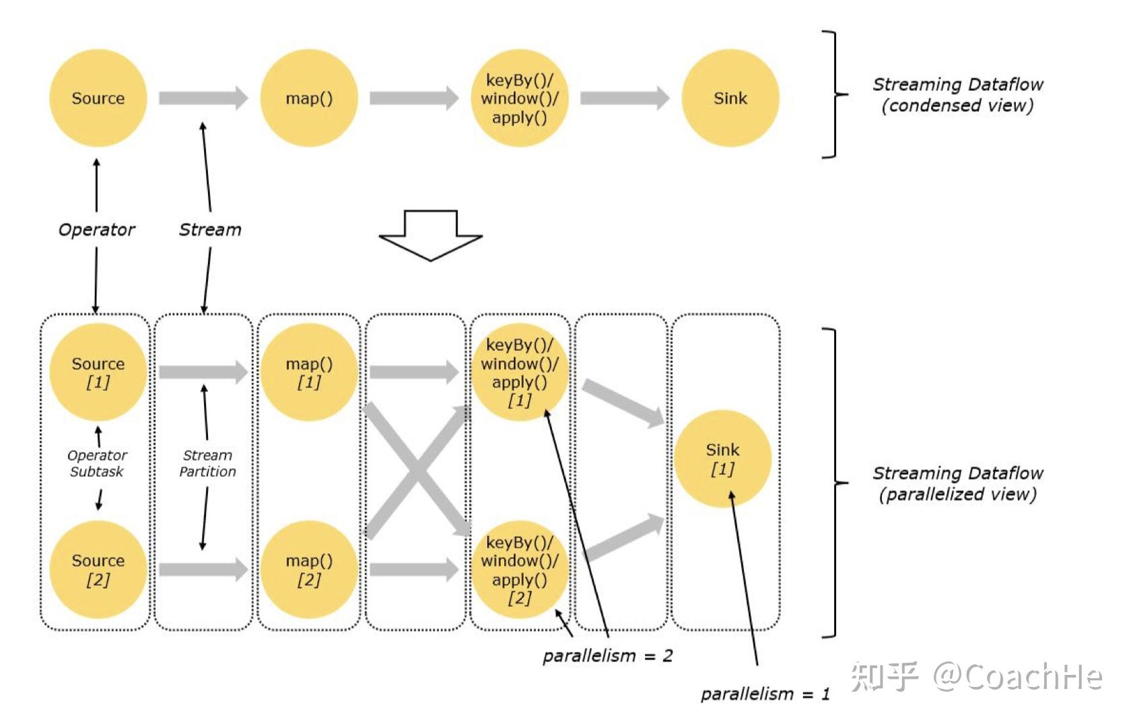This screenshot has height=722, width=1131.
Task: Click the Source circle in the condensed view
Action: [x=98, y=98]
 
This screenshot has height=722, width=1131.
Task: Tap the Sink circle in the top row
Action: [x=730, y=98]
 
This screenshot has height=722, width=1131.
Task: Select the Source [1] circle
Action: [x=98, y=372]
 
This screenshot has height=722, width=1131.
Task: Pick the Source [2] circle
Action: [x=98, y=570]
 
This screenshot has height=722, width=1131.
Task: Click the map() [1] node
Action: [x=309, y=372]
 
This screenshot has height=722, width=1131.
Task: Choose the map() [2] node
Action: [x=309, y=570]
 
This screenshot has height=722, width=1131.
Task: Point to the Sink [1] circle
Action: [x=723, y=459]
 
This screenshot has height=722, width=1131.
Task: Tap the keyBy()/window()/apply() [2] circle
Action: [x=520, y=570]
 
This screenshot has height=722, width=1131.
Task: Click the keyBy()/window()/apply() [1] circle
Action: [x=520, y=372]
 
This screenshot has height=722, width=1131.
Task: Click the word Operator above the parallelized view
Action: [x=97, y=230]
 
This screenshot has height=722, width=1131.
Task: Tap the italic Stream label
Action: [x=210, y=230]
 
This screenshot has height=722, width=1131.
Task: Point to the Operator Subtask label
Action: [x=97, y=463]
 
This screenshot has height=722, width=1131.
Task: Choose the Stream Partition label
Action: [x=207, y=463]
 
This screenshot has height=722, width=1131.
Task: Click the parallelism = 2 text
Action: [x=608, y=655]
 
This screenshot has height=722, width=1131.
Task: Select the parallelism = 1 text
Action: [x=765, y=694]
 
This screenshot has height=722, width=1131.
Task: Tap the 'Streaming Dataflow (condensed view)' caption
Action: [x=957, y=95]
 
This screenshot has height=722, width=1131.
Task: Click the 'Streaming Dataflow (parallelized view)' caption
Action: [x=957, y=484]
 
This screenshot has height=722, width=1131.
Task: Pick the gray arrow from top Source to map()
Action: [x=203, y=98]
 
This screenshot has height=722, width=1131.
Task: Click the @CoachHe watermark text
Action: [x=1017, y=676]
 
